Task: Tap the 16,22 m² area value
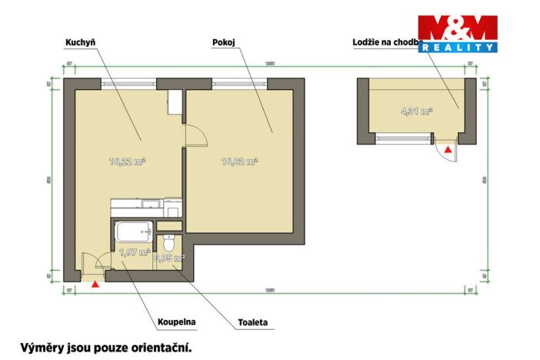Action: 128,162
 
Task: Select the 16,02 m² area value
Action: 238,162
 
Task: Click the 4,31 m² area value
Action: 416,111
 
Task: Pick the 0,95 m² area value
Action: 169,258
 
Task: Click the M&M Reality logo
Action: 457,35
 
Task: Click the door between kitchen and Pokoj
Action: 195,135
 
